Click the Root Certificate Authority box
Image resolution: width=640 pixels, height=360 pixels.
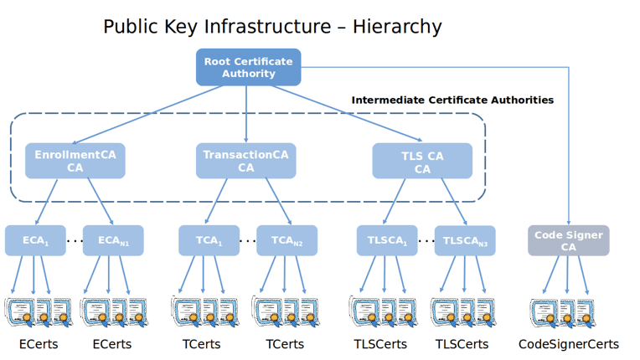pos(248,67)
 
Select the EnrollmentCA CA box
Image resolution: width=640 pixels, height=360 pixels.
pos(75,161)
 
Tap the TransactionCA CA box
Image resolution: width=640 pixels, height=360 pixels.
pos(245,161)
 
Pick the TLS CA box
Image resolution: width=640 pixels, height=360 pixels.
pos(421,161)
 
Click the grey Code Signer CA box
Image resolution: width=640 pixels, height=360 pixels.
pos(568,240)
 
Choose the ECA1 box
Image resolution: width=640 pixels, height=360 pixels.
pos(35,240)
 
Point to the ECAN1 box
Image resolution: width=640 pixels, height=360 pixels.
pos(113,240)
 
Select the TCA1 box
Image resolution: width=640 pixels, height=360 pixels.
pos(209,240)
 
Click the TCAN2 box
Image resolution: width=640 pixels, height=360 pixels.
pos(286,240)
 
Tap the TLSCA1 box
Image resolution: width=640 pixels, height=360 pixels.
pos(386,240)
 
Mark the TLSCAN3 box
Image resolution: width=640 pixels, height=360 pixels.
pos(465,240)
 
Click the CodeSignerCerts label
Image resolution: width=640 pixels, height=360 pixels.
pos(568,344)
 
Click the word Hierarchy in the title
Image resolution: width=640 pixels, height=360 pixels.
pos(397,27)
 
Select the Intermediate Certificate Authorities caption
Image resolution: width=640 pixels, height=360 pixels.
pos(452,100)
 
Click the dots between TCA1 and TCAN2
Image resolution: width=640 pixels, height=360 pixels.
pos(247,241)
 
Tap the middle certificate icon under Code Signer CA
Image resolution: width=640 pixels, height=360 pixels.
pos(567,311)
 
